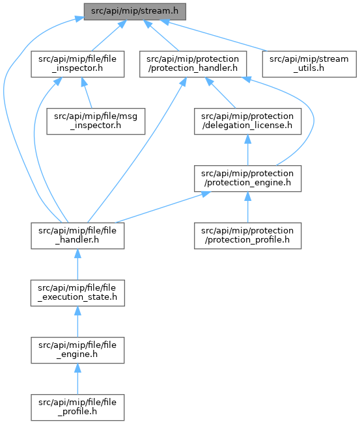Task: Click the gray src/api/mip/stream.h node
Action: point(135,12)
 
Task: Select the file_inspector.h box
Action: point(77,64)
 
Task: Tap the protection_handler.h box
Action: point(193,64)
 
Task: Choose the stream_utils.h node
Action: point(309,64)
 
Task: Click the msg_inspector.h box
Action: point(96,122)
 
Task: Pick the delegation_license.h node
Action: point(247,122)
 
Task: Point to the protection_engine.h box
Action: point(247,179)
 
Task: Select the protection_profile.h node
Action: point(247,236)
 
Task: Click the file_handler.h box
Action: point(77,236)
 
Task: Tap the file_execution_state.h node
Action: point(77,293)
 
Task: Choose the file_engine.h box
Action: point(77,350)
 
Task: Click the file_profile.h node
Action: point(77,408)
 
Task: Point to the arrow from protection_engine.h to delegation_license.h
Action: point(247,150)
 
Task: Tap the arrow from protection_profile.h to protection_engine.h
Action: point(247,207)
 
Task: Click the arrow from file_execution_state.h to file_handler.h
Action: point(77,265)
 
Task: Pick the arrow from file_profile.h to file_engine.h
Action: point(77,379)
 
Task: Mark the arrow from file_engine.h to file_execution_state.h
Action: point(77,322)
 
